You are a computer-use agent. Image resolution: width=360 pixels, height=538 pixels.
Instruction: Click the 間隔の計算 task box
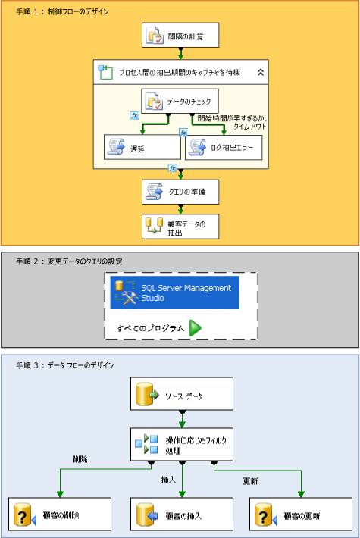pos(180,35)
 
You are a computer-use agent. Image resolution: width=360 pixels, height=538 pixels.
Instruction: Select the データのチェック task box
pos(180,101)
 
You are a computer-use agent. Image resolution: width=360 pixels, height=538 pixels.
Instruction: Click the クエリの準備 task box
pos(180,191)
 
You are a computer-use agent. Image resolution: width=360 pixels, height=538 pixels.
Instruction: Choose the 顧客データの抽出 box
pos(180,226)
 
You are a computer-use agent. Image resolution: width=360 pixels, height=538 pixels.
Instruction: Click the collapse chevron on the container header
pos(260,72)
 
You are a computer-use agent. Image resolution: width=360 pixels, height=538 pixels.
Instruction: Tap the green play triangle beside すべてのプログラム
pos(196,328)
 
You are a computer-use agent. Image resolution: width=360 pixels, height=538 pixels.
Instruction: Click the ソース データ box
pos(180,396)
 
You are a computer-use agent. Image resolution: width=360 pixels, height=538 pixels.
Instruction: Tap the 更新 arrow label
pos(250,481)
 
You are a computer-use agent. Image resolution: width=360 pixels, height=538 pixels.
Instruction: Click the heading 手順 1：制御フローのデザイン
pos(62,12)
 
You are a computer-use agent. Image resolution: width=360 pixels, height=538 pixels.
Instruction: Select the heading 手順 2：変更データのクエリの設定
pos(69,261)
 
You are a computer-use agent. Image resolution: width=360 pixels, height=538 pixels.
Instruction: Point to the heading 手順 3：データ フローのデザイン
pos(65,365)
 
